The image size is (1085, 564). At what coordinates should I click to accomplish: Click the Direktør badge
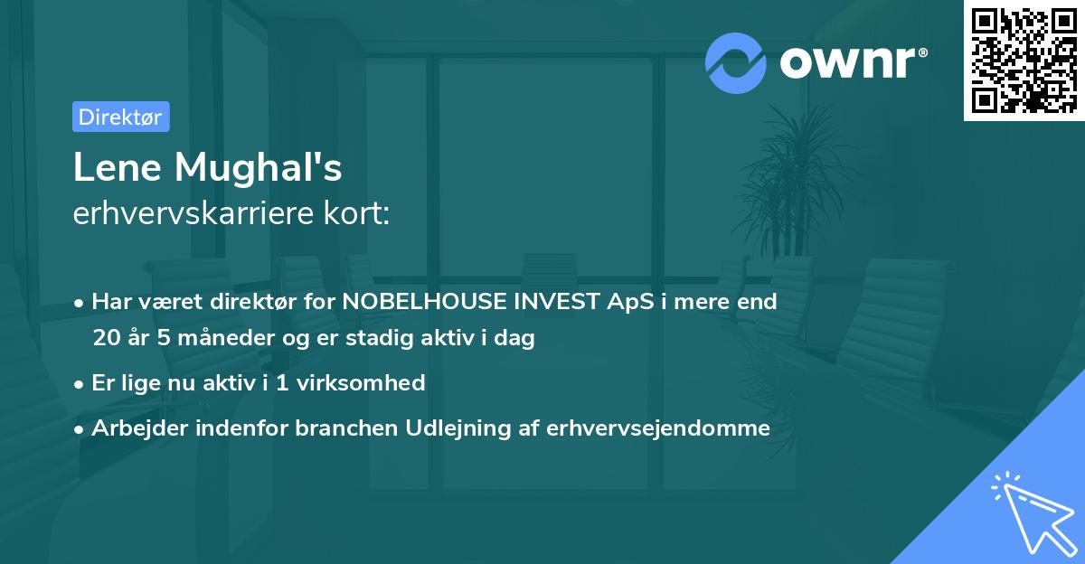coord(120,117)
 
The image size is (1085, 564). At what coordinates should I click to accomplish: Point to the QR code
coord(1024,60)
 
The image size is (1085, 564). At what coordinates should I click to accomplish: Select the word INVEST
coord(556,302)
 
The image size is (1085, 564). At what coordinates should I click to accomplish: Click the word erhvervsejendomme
coord(657,428)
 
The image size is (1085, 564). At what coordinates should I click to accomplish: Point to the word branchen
coord(338,428)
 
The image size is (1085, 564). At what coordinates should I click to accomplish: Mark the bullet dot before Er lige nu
coord(80,384)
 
